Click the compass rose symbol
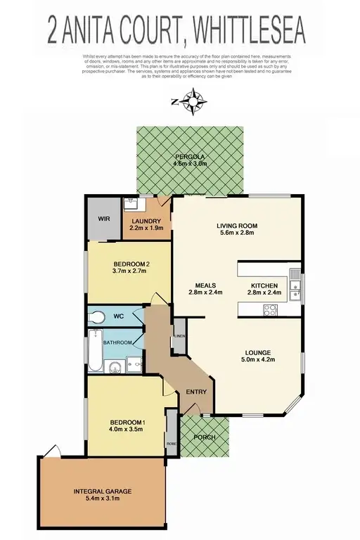point(191,103)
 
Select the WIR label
point(103,219)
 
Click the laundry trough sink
point(132,205)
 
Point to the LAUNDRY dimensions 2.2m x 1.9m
point(146,229)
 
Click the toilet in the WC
point(98,316)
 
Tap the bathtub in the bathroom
point(96,350)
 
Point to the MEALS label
point(205,285)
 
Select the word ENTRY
point(194,392)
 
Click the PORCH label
point(204,437)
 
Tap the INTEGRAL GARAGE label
point(103,491)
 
